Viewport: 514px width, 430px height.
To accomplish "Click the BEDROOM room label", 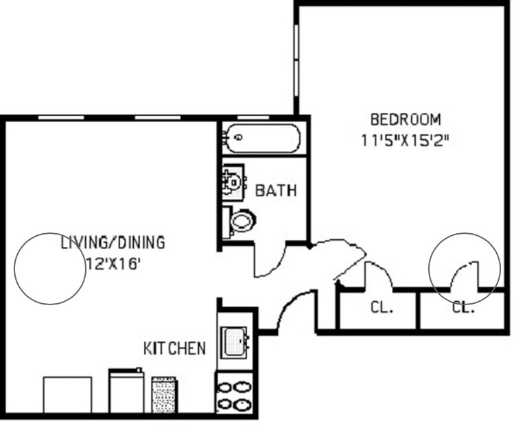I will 405,120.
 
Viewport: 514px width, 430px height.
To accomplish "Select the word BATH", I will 276,190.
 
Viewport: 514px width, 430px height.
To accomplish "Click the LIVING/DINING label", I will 113,243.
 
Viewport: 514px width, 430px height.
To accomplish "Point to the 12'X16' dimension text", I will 114,264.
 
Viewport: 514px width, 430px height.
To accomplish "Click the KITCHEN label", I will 174,348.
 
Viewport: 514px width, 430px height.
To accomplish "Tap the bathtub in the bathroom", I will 263,138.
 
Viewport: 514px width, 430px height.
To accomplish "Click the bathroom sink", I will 233,182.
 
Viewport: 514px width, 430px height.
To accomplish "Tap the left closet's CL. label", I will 382,308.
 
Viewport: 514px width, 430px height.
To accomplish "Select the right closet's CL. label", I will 464,308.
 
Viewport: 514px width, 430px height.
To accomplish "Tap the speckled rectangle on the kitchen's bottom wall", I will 163,394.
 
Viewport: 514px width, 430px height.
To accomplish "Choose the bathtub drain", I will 238,138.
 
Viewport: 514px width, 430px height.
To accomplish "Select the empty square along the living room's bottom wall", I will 67,394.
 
